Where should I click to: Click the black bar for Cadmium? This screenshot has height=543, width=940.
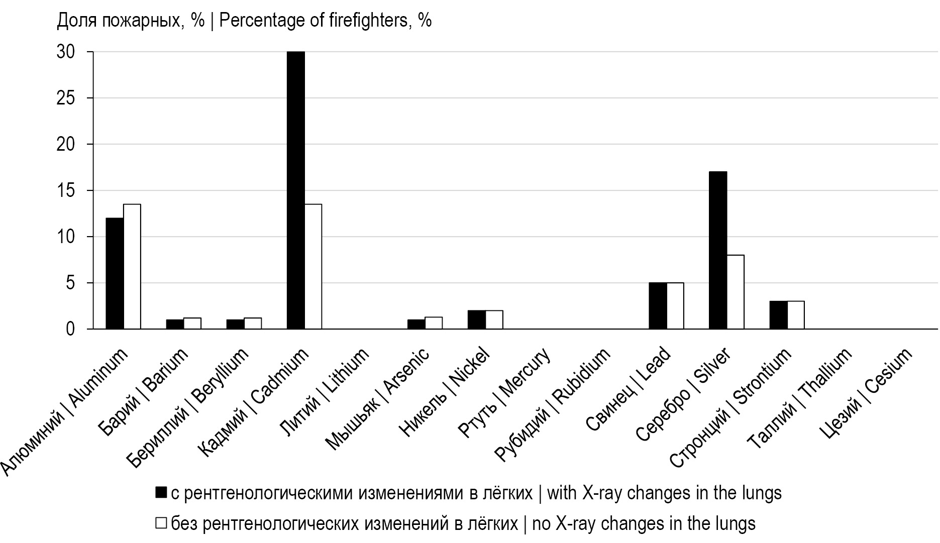295,190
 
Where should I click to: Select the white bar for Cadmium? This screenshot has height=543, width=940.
313,267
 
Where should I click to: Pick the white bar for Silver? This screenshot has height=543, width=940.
736,292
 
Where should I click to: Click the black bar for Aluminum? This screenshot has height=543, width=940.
115,273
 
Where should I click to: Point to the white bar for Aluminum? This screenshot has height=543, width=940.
132,267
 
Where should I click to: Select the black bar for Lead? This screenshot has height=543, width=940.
658,306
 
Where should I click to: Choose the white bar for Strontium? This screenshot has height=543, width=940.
795,315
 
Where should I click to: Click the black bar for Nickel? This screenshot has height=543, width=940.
476,319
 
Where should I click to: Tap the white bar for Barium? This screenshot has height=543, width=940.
192,323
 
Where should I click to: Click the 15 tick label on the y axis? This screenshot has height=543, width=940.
66,191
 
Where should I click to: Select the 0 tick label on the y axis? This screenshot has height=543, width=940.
70,330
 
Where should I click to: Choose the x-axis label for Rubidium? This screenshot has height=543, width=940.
553,404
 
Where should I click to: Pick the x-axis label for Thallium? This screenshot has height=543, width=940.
800,399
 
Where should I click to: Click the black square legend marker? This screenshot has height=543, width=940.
161,493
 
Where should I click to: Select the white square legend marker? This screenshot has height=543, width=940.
161,523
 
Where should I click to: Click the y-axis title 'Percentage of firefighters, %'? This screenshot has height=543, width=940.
244,21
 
